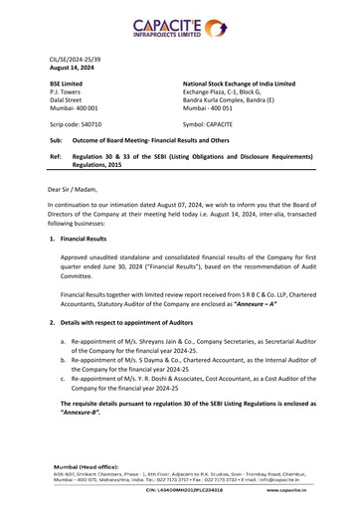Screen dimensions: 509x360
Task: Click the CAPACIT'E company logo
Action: [180, 25]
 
